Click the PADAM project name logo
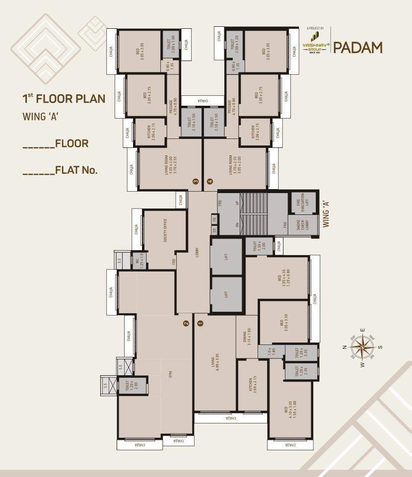coord(357,48)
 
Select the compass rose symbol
coord(362,347)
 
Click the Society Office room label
coord(165,230)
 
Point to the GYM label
coord(170,374)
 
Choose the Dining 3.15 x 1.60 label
coord(246,337)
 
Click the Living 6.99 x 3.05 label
coord(214,367)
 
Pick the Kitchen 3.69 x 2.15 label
coord(253,385)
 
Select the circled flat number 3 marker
coord(196,182)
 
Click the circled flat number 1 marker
coord(201,323)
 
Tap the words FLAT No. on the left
coord(76,170)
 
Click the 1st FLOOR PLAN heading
coord(64,98)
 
